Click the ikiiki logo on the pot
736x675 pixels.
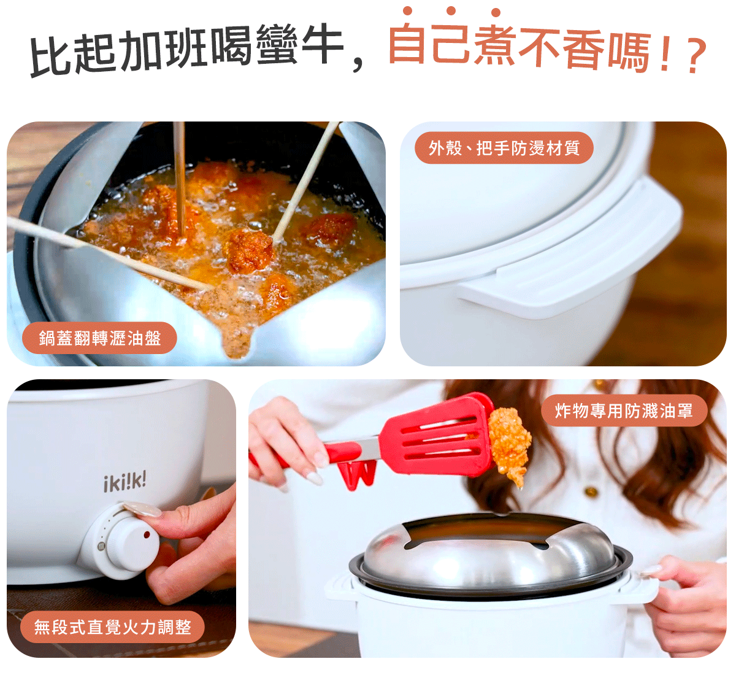coord(125,482)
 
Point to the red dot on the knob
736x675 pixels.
coord(147,534)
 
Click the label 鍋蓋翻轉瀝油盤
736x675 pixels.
coord(99,338)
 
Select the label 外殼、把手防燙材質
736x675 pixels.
coord(504,148)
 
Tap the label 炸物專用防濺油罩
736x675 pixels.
coord(623,411)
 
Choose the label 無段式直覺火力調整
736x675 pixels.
coord(112,627)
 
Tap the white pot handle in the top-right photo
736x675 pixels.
coord(572,253)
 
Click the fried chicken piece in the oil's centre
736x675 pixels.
coord(250,250)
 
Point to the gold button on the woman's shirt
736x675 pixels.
coord(591,491)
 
